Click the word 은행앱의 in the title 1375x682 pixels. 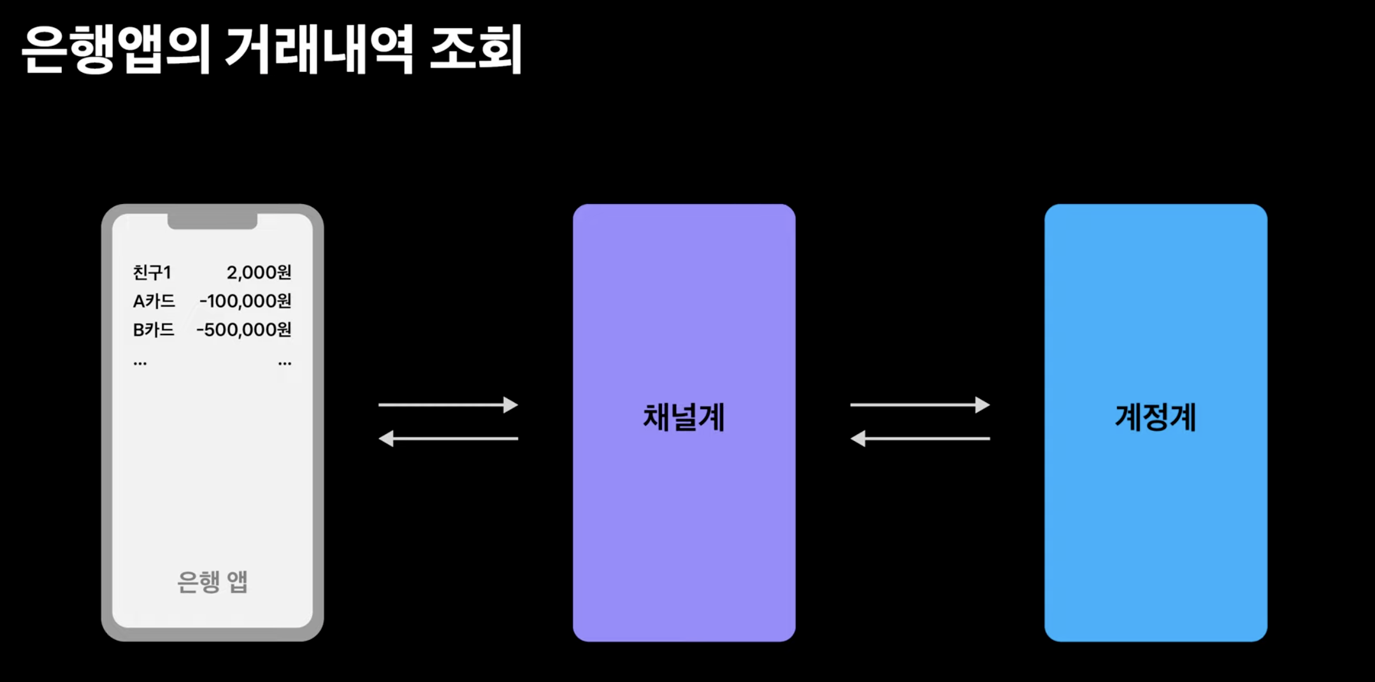[116, 50]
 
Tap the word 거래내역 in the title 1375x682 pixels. [319, 50]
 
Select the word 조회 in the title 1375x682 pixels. [476, 50]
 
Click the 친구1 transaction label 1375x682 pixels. [152, 273]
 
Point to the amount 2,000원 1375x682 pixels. [259, 273]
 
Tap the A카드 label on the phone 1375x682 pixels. [154, 301]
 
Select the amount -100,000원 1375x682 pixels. [245, 301]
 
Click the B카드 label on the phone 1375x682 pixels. [154, 330]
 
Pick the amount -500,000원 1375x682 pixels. [244, 330]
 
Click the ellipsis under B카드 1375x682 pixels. [140, 363]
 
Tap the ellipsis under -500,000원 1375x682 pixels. [285, 363]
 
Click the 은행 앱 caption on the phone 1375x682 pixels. [212, 582]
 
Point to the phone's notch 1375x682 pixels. [212, 221]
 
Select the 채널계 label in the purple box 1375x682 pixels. [684, 418]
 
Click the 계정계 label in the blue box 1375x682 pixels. [1155, 418]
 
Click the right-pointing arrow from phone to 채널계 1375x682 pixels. [448, 405]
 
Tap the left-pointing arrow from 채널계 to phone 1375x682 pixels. [448, 439]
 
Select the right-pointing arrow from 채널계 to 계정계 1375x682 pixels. [920, 405]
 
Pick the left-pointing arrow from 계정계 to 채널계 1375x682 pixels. [920, 439]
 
